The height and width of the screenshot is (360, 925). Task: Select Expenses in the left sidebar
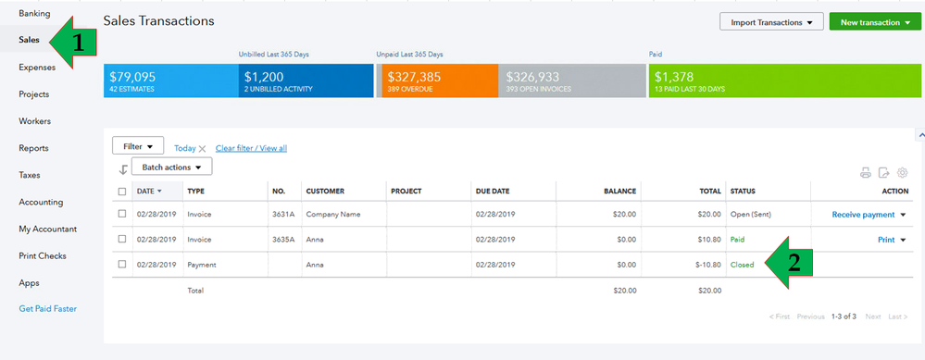(x=37, y=67)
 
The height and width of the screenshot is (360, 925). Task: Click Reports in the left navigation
(x=33, y=148)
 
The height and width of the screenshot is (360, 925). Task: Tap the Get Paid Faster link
(x=48, y=308)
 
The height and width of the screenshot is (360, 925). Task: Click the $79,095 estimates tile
(x=170, y=81)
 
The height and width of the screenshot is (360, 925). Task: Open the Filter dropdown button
(x=138, y=146)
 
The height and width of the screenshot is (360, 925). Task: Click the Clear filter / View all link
(x=251, y=148)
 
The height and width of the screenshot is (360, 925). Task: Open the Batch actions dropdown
(x=171, y=167)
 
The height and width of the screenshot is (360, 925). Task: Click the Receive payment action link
(x=863, y=215)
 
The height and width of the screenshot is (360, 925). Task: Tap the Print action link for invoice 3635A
(x=886, y=240)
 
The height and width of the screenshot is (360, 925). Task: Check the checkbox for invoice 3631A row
(x=122, y=215)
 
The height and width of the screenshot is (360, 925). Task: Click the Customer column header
(x=325, y=192)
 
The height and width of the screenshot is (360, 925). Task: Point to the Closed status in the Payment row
(x=742, y=265)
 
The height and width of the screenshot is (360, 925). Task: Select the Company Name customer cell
(x=332, y=215)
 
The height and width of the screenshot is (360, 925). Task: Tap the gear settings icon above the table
(x=903, y=172)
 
